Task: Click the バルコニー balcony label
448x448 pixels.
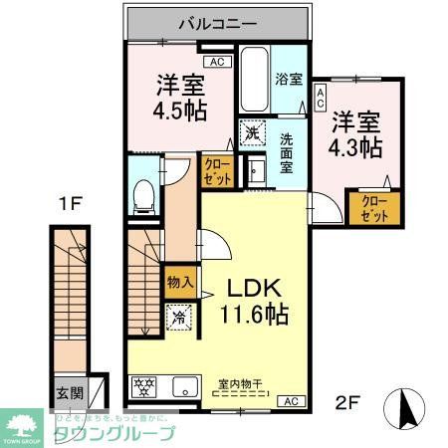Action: (x=218, y=21)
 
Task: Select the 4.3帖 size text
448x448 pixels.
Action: (x=356, y=146)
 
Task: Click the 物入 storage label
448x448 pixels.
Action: (x=180, y=284)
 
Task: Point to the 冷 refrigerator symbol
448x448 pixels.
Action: (x=179, y=319)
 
